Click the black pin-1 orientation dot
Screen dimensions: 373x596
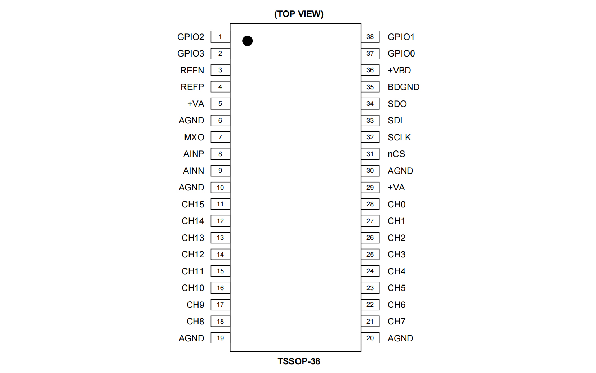tap(247, 41)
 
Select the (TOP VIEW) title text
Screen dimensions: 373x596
tap(299, 14)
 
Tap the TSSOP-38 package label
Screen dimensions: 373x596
tap(299, 361)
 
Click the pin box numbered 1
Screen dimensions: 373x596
tap(220, 37)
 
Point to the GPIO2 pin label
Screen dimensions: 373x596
tap(191, 37)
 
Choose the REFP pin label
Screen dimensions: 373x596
tap(192, 87)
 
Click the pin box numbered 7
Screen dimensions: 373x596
tap(220, 137)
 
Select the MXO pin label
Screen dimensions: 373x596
tap(194, 137)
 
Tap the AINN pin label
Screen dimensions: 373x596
tap(194, 171)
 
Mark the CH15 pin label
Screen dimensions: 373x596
tap(193, 204)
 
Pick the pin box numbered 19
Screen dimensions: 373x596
tap(220, 338)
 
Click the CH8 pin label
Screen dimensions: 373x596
tap(195, 321)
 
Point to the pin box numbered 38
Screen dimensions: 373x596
tap(370, 37)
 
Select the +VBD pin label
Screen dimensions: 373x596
tap(399, 70)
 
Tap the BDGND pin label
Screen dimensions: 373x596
tap(404, 87)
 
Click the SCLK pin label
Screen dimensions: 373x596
tap(399, 137)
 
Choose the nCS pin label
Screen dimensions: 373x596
tap(396, 154)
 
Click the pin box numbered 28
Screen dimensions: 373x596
tap(370, 204)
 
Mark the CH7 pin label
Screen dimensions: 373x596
tap(396, 321)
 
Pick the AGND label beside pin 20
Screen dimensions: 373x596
tap(400, 338)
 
